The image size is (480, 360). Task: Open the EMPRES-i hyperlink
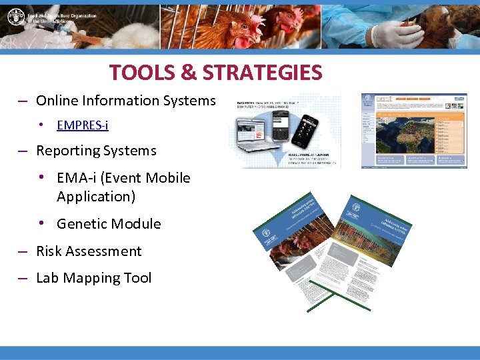click(x=83, y=125)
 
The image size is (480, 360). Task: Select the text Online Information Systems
click(x=125, y=101)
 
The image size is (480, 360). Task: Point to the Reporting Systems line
click(x=96, y=151)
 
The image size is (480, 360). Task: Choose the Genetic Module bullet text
click(x=109, y=224)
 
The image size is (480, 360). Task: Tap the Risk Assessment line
click(x=89, y=251)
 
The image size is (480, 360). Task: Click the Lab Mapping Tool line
click(x=93, y=278)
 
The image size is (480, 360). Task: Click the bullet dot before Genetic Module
click(x=41, y=223)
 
